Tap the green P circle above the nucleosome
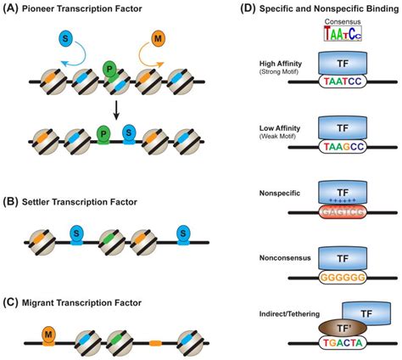pos(110,67)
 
